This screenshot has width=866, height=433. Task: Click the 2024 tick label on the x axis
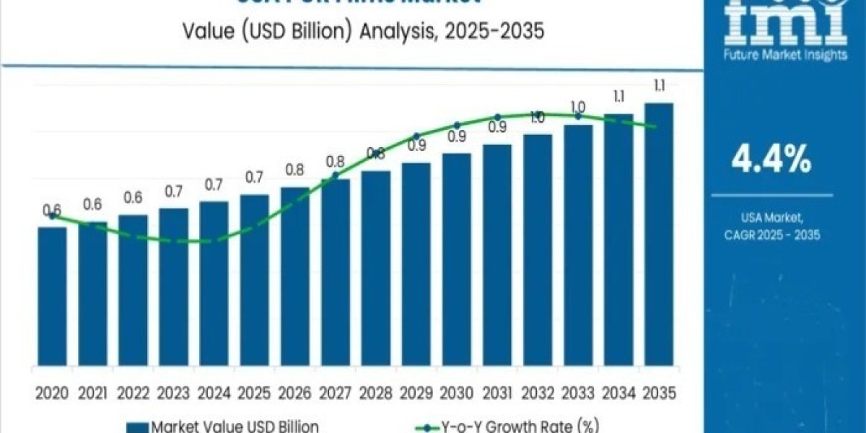point(214,393)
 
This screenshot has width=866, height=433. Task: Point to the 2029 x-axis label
point(416,393)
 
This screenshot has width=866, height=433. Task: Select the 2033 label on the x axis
point(578,393)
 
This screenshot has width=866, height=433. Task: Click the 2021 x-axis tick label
point(92,393)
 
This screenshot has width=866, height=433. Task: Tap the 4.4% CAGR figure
point(771,160)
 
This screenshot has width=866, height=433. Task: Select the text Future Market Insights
point(786,56)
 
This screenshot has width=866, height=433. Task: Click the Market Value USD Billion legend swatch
point(138,427)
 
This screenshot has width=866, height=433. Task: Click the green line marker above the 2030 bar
point(457,126)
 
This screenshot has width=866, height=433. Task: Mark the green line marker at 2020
point(52,216)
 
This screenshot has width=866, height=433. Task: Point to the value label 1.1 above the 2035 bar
point(659,87)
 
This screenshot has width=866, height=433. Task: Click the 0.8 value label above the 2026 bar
point(294,170)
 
